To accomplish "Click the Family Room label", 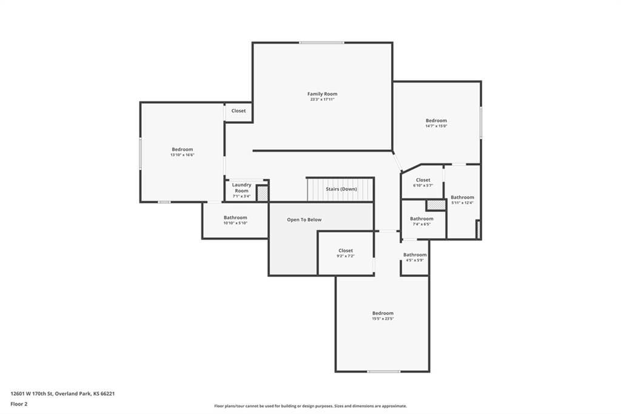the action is pos(323,94).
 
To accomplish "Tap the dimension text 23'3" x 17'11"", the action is pos(323,100).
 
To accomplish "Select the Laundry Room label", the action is pos(241,188).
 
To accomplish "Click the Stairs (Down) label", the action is pos(341,189).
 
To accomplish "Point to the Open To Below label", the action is pos(304,220).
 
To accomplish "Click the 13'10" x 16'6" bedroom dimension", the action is pos(182,155).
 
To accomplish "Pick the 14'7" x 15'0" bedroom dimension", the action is pos(437,126).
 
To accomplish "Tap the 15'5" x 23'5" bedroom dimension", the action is pos(383,319).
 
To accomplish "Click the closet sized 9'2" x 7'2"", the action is pos(346,253).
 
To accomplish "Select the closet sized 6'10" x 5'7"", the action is pos(423,182).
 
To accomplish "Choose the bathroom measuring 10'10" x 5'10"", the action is pos(235,220).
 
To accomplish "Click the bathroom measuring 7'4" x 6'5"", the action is pos(421,222).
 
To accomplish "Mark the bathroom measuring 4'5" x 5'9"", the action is pos(415,257).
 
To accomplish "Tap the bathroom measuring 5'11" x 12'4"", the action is pos(462,200).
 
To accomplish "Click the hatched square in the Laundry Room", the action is pos(262,194).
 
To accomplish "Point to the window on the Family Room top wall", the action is pos(321,42).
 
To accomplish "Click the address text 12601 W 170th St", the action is pos(31,394).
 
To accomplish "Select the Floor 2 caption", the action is pos(19,404).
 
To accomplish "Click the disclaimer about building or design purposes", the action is pos(310,406).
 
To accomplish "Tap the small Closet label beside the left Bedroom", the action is pos(238,110).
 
